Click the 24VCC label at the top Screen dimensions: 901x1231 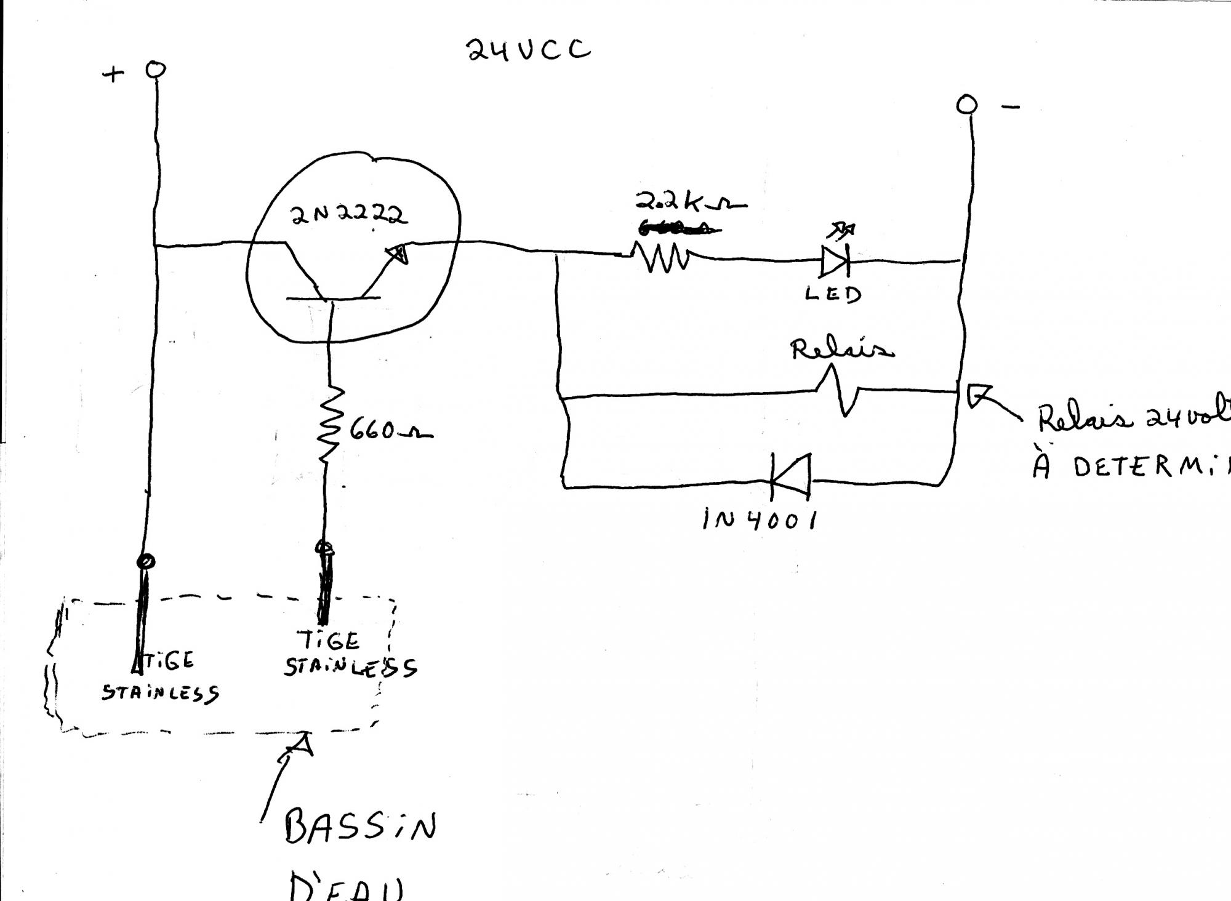click(528, 49)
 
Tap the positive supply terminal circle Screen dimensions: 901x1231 click(156, 70)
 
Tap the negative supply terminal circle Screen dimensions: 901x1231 click(966, 105)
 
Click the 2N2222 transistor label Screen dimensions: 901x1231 click(348, 215)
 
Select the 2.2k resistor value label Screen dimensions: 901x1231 click(690, 201)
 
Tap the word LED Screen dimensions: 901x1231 click(833, 294)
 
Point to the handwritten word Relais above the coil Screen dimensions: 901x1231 click(841, 349)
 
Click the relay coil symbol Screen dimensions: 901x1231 click(839, 390)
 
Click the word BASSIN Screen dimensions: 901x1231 click(360, 827)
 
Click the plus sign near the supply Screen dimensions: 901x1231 click(113, 75)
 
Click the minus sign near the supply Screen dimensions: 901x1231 click(1010, 108)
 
